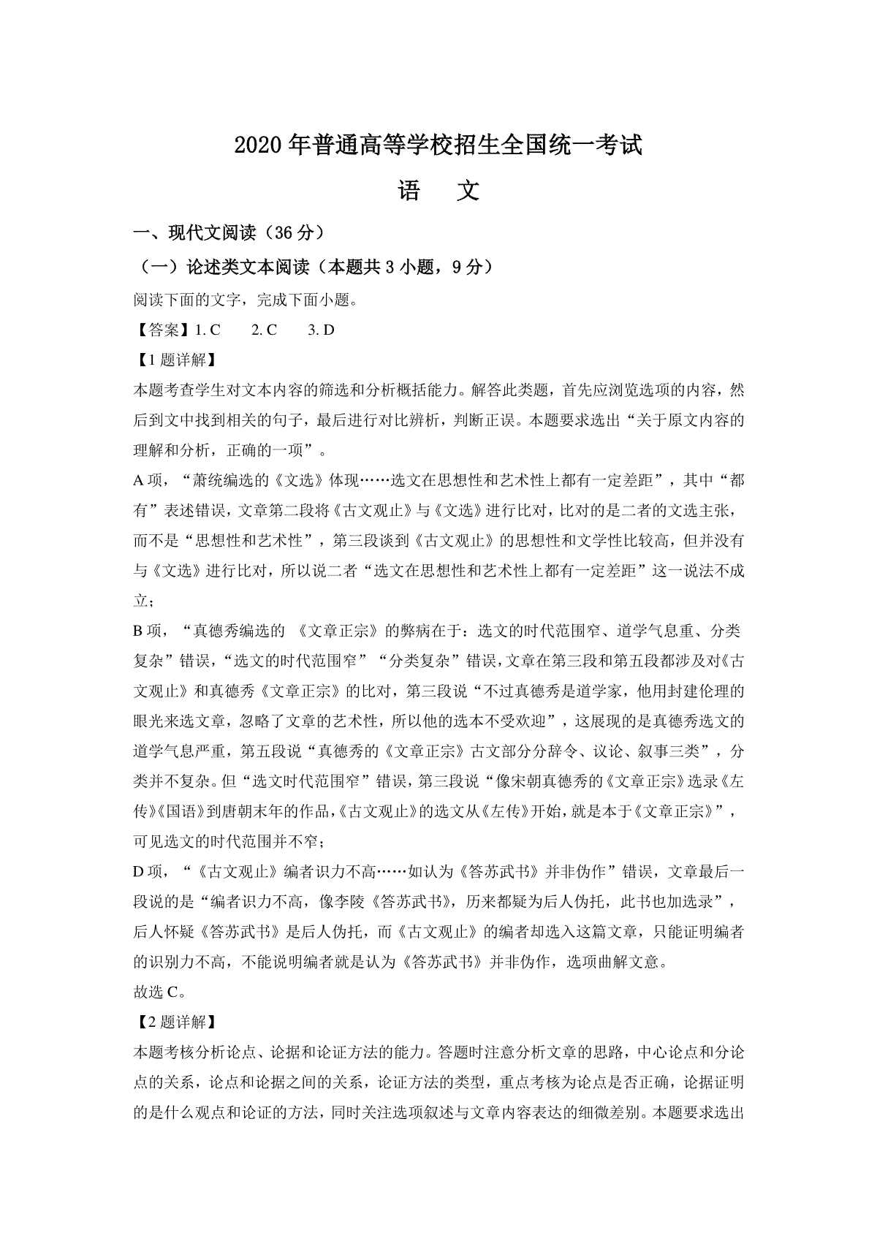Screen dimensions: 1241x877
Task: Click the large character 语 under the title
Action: tap(409, 191)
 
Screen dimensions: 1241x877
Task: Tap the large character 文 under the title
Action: tap(467, 191)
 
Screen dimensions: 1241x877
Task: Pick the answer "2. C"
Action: tap(264, 330)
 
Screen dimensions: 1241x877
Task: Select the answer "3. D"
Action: tap(321, 330)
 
